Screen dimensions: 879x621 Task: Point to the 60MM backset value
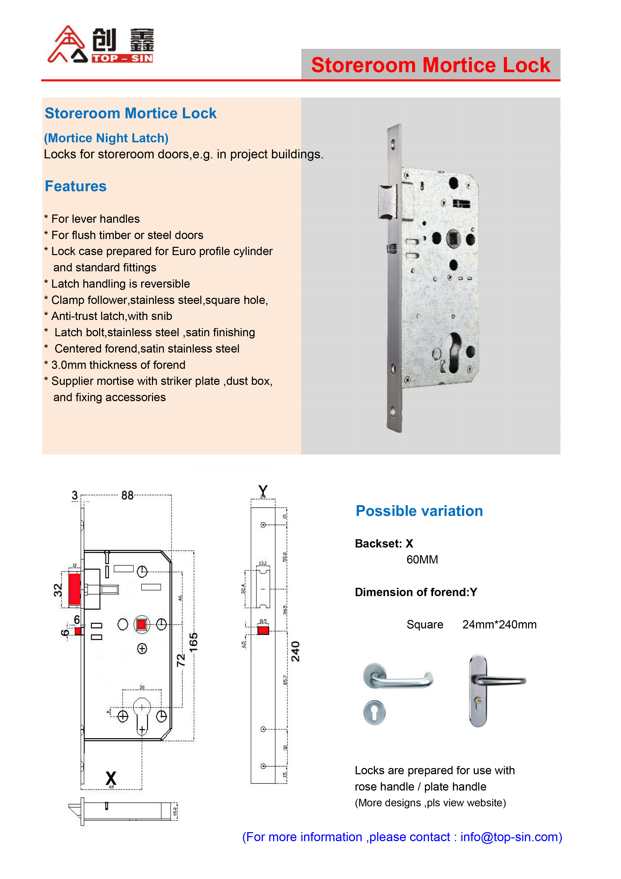422,560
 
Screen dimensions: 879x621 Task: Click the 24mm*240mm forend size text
499,625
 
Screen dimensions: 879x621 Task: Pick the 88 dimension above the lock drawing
127,495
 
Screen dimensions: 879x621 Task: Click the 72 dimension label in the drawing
181,660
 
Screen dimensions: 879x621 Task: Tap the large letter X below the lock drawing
111,778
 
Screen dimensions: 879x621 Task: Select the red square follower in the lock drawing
141,624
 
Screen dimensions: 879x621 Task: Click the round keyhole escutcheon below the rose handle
374,712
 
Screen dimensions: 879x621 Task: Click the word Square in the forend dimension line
425,625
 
